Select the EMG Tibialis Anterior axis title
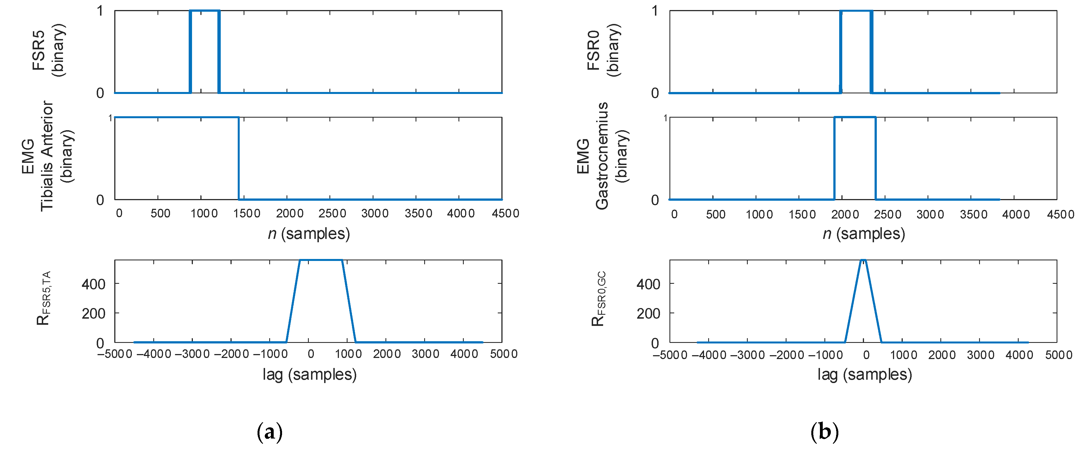[x=47, y=156]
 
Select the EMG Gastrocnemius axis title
[x=602, y=156]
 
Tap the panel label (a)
[x=270, y=432]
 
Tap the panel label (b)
[x=824, y=432]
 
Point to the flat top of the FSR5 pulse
[x=205, y=11]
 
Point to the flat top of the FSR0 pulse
[x=856, y=11]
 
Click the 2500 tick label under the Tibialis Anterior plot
[x=332, y=214]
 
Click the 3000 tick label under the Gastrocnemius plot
[x=930, y=214]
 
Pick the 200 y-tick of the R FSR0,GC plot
[x=648, y=314]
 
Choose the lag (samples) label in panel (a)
[x=310, y=374]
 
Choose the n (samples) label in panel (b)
[x=864, y=233]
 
